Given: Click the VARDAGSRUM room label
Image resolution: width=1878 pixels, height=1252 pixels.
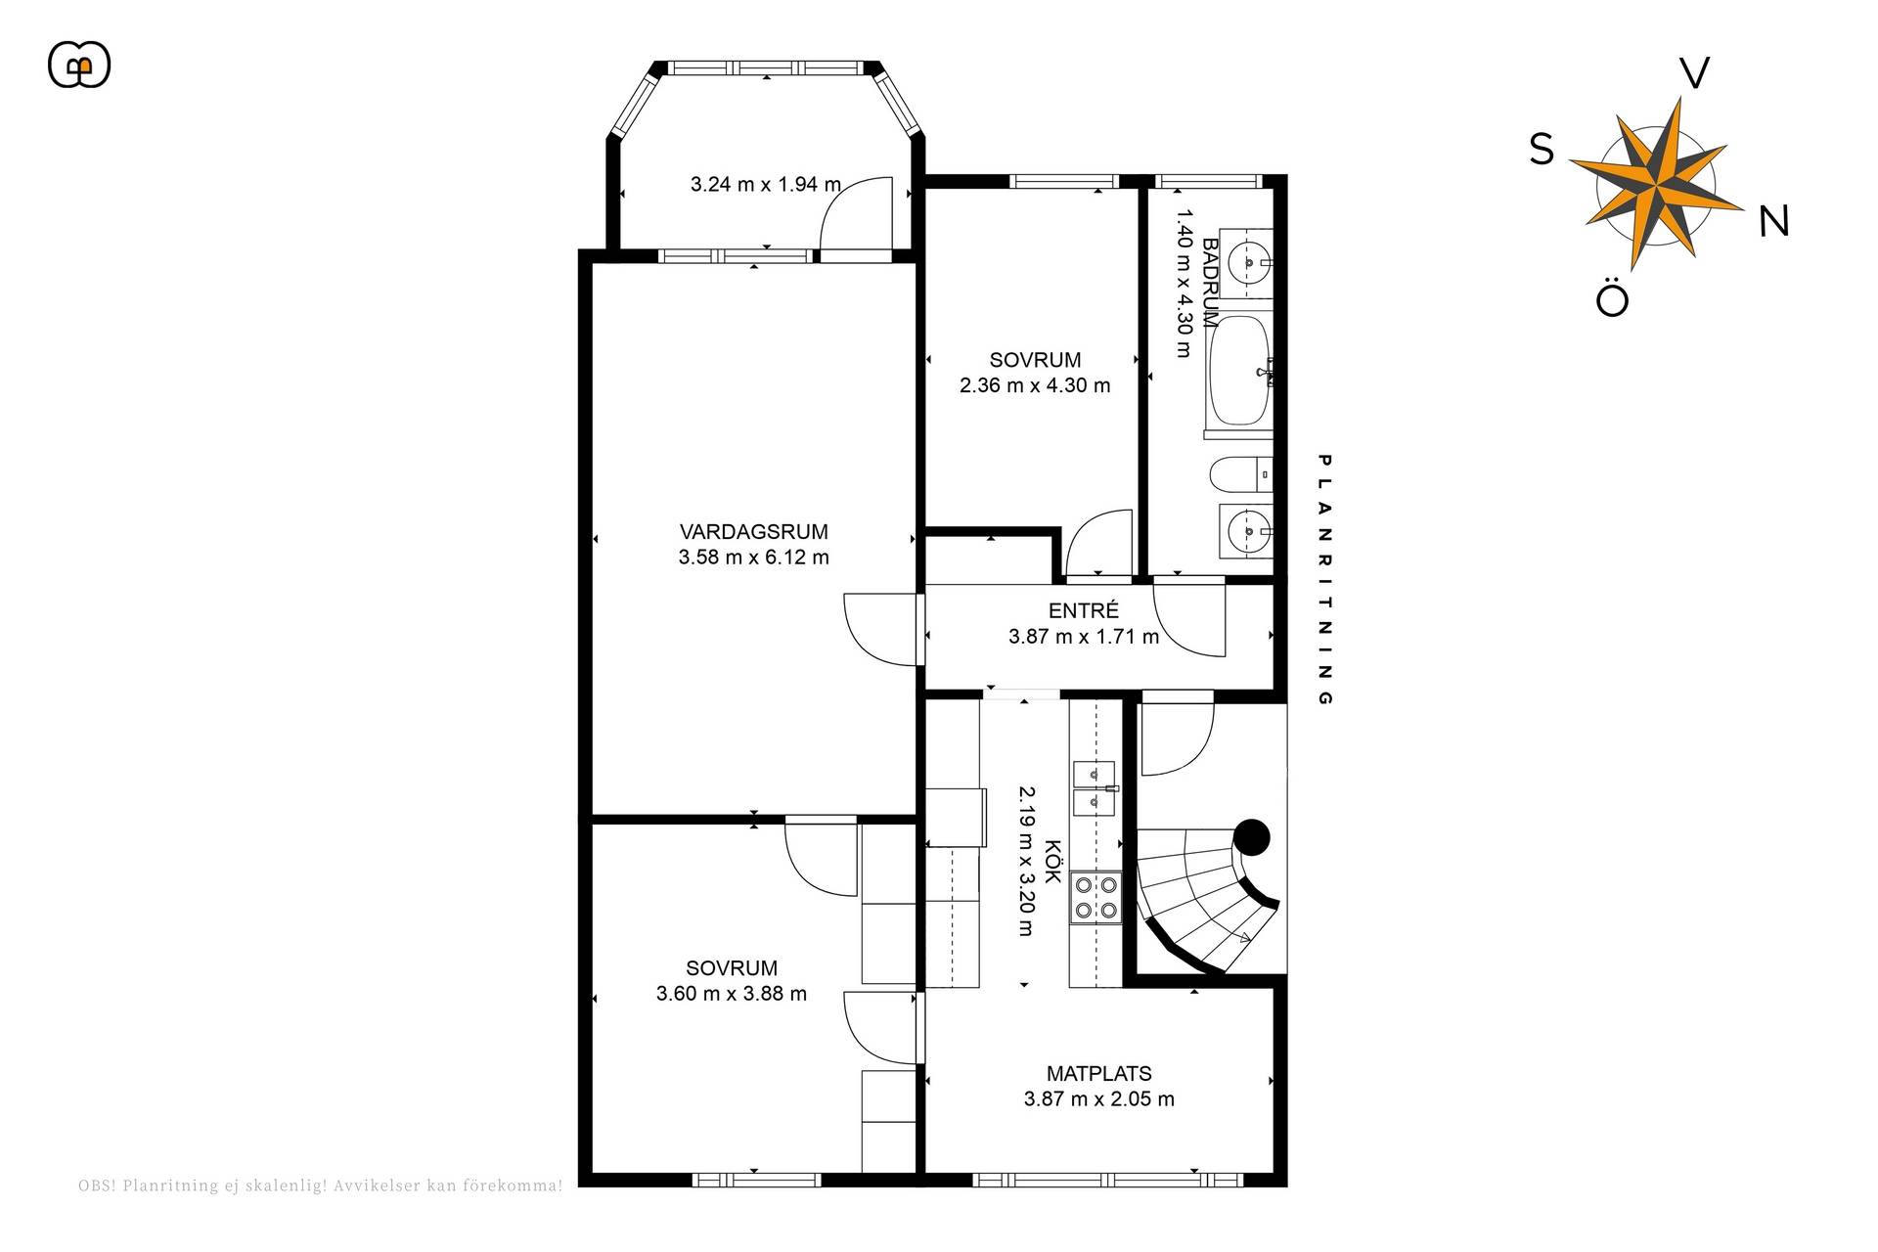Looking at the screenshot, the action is coord(753,532).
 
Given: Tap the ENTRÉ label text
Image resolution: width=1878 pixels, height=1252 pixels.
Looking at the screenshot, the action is coord(1083,610).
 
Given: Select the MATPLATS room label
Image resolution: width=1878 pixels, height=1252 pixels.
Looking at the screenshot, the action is coord(1098,1073).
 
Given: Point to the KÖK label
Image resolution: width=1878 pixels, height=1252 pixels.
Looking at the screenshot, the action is coord(1052,862).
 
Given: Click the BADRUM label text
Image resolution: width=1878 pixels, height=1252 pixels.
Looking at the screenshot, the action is coord(1210,283).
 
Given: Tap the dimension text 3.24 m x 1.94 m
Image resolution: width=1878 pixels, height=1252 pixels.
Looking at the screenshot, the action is coord(766,184).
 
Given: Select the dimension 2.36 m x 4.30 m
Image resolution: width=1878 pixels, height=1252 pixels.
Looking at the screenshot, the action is coord(1035,385).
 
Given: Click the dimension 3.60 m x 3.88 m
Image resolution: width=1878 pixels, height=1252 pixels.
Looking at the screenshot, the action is coord(732,994).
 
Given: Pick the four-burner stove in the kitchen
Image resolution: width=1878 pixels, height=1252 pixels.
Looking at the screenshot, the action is coord(1095,897).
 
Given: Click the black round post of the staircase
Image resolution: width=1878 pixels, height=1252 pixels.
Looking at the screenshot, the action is coord(1251,837).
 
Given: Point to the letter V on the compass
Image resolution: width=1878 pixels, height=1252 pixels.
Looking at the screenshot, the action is coord(1694,73).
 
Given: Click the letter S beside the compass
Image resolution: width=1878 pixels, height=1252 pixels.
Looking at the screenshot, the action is coord(1542,150).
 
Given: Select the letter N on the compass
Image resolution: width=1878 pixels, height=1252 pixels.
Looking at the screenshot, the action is coord(1773,222).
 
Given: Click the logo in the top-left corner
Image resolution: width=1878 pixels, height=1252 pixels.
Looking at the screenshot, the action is coord(79,66).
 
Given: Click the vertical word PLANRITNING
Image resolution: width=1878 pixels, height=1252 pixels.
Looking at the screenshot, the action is coord(1325,579).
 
